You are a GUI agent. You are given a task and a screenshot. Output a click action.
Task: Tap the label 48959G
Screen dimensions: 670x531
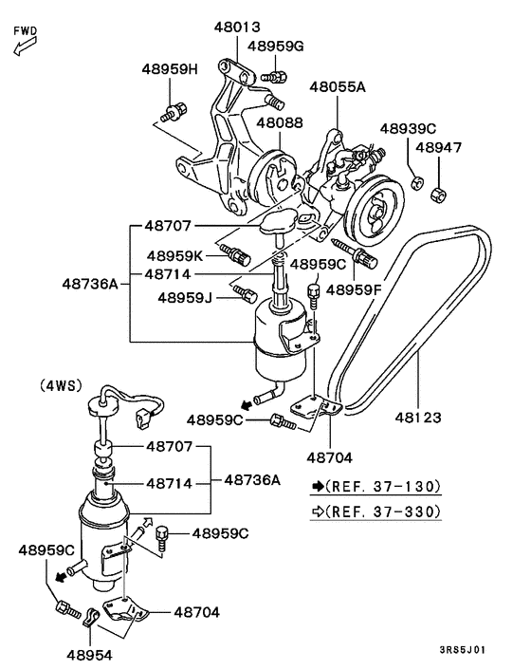click(276, 46)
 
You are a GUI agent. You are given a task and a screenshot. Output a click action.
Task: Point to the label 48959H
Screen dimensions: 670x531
click(171, 69)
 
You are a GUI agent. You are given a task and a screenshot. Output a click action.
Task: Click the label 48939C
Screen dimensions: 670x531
click(408, 128)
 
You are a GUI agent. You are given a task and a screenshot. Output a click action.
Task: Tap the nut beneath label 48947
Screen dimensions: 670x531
click(438, 195)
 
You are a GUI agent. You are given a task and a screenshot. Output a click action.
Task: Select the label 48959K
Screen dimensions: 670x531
click(175, 255)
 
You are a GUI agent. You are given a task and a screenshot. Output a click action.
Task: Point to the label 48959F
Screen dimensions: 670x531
click(354, 290)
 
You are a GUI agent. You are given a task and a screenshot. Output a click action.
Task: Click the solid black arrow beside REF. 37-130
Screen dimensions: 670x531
click(316, 487)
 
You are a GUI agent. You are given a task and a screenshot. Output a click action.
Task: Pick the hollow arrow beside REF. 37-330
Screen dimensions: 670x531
click(316, 512)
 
